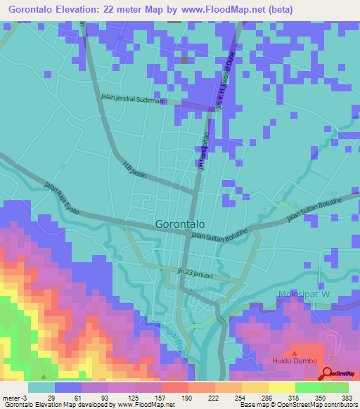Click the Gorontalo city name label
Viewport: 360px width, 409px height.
(x=179, y=224)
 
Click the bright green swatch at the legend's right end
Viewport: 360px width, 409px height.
(x=335, y=387)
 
